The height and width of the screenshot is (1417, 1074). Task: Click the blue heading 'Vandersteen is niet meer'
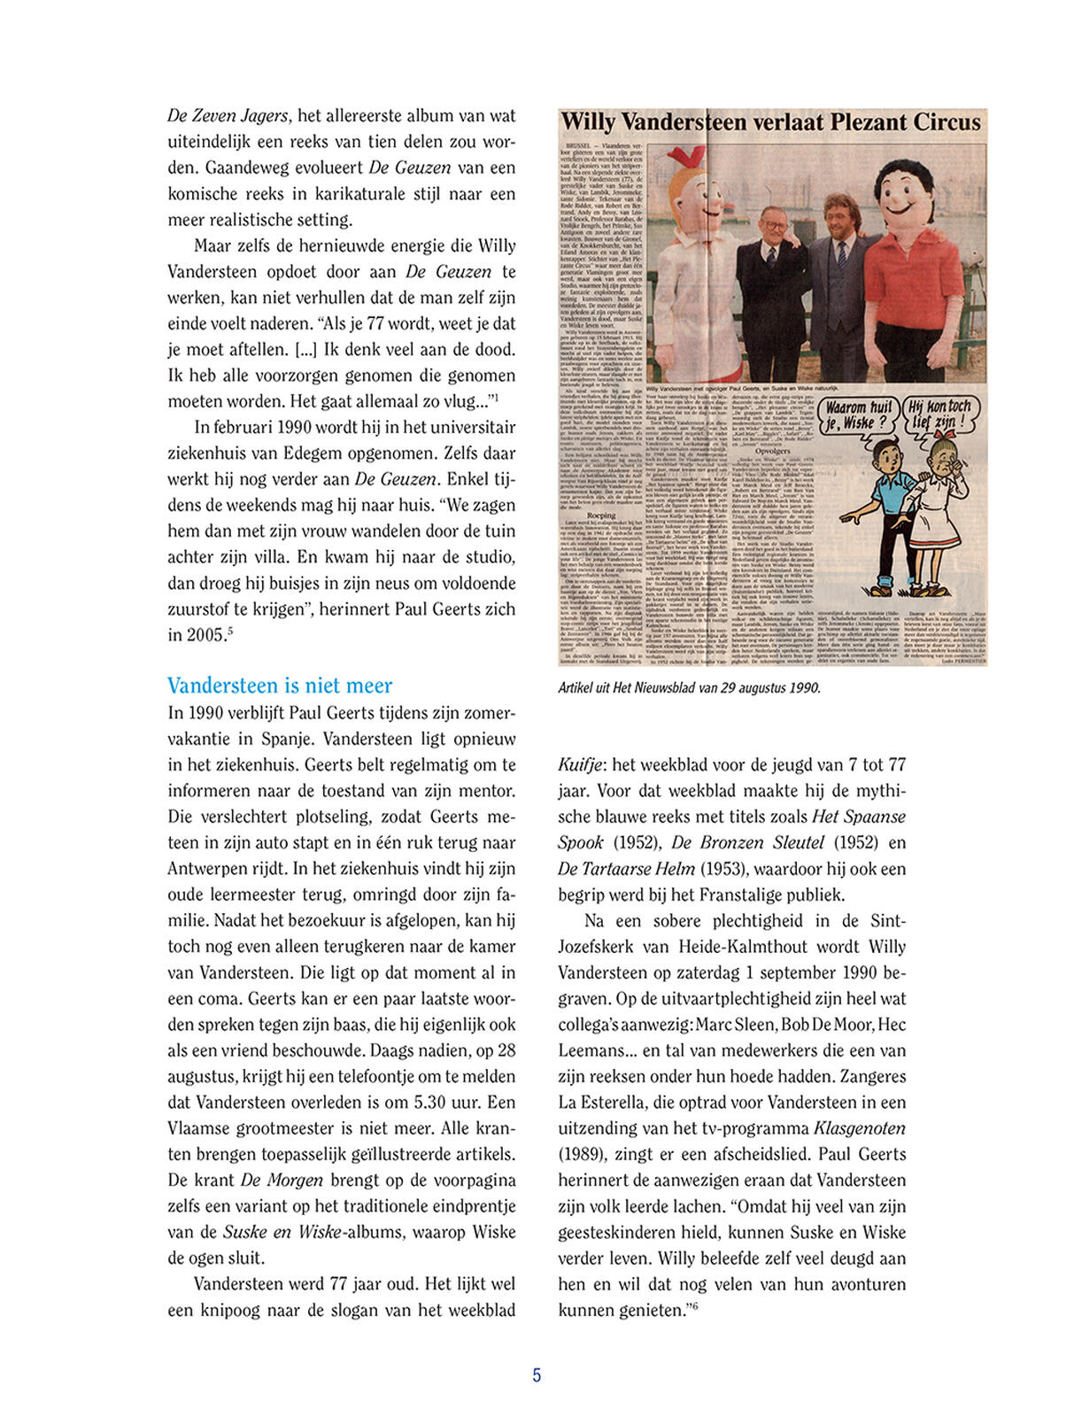point(279,685)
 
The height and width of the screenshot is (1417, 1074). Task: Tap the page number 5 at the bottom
point(537,1375)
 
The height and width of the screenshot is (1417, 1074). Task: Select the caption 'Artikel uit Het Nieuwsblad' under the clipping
point(689,687)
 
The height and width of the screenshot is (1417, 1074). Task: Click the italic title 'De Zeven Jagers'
point(228,115)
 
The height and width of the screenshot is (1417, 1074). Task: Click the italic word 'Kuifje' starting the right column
point(580,764)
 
